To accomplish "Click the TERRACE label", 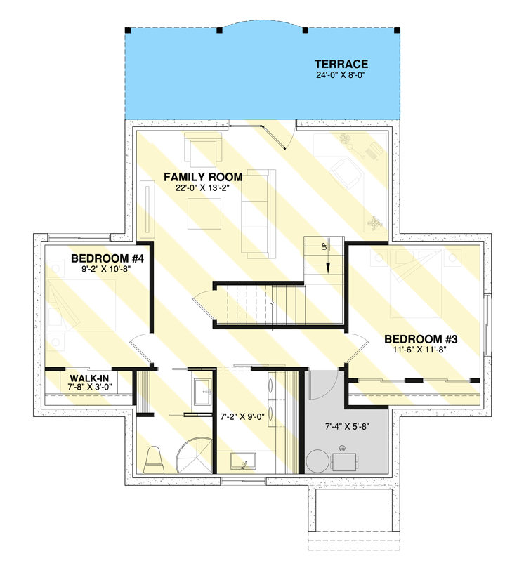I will click(x=341, y=63).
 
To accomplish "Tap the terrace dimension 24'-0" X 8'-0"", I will click(x=341, y=74).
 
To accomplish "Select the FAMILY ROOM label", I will click(x=203, y=177).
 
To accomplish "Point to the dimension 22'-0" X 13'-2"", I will click(x=203, y=188).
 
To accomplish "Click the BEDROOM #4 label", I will click(x=107, y=258).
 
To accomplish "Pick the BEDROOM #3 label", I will click(x=421, y=338).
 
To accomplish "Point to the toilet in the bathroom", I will click(x=154, y=460).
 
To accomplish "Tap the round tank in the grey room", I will click(x=318, y=461).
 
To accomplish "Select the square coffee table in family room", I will click(x=204, y=214).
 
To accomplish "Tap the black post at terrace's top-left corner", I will click(x=127, y=30).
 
